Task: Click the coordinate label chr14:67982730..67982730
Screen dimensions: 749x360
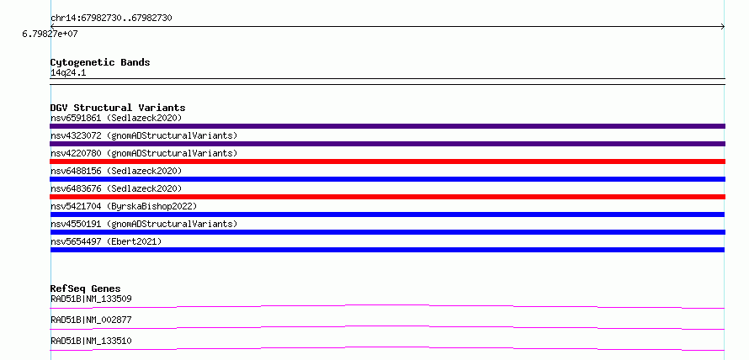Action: coord(111,19)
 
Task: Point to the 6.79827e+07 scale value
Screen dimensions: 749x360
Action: coord(50,34)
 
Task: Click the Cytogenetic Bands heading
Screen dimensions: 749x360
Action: coord(100,62)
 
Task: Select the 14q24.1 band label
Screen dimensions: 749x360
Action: coord(68,73)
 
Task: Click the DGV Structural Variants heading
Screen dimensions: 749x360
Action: coord(118,108)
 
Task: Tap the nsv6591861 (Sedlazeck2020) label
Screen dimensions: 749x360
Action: coord(116,118)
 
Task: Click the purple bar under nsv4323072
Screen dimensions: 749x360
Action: coord(387,144)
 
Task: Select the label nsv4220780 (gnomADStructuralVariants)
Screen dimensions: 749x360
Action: coord(144,153)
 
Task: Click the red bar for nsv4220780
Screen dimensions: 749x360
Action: coord(387,161)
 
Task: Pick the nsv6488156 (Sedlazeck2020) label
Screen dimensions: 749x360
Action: coord(116,171)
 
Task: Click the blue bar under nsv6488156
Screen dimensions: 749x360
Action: coord(387,179)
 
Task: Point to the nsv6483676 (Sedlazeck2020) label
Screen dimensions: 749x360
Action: coord(116,188)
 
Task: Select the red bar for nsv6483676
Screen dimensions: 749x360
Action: coord(387,197)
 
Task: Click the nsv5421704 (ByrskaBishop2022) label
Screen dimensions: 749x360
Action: coord(124,206)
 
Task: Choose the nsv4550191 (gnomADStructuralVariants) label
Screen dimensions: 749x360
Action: coord(144,224)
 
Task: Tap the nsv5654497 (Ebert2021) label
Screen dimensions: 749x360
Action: coord(106,241)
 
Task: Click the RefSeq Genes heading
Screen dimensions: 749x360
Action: coord(85,289)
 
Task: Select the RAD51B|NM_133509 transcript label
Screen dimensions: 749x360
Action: coord(91,299)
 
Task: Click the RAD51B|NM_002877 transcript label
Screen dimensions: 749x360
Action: coord(91,320)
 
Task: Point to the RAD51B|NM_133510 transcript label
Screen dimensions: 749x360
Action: coord(91,341)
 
